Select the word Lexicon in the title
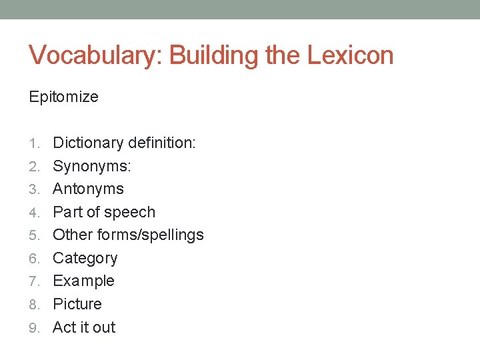350,55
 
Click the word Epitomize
63,97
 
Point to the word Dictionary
88,143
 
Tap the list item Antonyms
88,189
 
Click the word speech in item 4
131,212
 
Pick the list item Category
85,258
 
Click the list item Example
83,281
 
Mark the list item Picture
77,304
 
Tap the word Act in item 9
63,327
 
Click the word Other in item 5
72,235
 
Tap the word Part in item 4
67,212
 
